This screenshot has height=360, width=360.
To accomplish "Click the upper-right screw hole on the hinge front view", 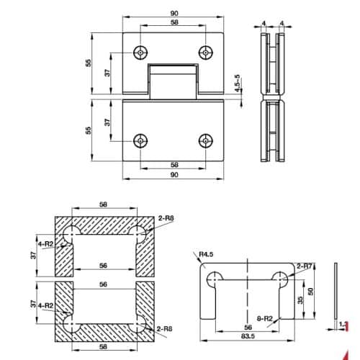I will (x=207, y=53).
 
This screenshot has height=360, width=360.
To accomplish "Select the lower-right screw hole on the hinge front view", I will (x=207, y=139).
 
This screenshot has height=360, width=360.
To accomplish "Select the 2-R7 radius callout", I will (x=303, y=266).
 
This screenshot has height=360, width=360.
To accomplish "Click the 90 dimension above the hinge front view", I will (x=175, y=14).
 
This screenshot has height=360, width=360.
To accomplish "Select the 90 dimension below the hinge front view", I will (x=175, y=175).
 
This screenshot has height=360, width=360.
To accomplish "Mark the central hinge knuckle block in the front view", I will (x=175, y=81).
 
